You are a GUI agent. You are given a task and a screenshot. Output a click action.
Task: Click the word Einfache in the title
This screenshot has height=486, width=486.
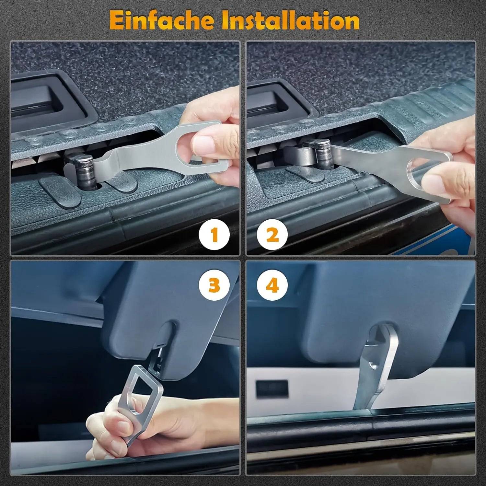(x=162, y=21)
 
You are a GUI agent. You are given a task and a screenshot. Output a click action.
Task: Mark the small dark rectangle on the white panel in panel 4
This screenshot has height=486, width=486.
(x=272, y=389)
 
